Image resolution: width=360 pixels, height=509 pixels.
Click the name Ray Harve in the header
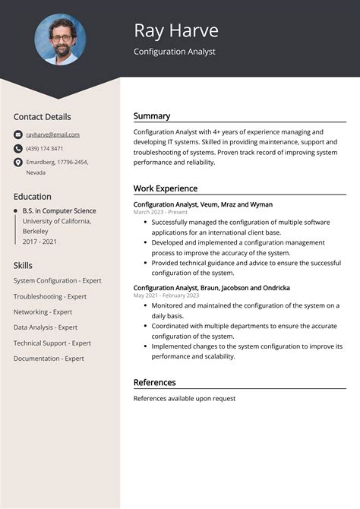coord(175,30)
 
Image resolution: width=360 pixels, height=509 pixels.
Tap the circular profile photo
coord(60,39)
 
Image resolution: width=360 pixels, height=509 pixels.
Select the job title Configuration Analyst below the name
coord(174,52)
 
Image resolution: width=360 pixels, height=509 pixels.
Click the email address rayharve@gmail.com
coord(52,134)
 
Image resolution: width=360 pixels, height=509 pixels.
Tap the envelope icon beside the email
coord(18,134)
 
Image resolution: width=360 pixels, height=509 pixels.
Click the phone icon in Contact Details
coord(18,148)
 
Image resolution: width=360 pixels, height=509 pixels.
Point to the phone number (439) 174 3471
coord(45,148)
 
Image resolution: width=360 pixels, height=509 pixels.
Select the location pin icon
coord(18,162)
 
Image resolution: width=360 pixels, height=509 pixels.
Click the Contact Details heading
coord(42,116)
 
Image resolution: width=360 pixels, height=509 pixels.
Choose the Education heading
coord(33,196)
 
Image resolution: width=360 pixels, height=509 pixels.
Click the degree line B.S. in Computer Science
coord(59,210)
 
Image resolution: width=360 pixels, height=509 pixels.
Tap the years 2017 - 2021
coord(39,240)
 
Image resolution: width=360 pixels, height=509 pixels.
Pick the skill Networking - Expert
coord(43,311)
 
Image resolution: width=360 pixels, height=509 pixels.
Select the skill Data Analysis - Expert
coord(46,327)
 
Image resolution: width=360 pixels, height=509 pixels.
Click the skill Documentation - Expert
coord(49,359)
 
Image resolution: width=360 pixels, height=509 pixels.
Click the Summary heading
coord(152,116)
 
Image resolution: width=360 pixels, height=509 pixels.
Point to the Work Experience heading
coord(165,188)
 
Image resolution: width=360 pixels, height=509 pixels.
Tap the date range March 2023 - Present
coord(160,213)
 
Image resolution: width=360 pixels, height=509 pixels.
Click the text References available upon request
coord(185,398)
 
